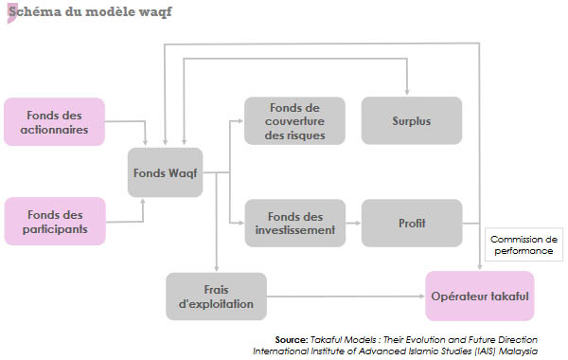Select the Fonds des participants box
click(x=54, y=220)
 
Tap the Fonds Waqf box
click(x=166, y=172)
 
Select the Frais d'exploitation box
click(x=216, y=297)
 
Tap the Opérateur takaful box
click(x=480, y=296)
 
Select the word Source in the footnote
click(x=291, y=338)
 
